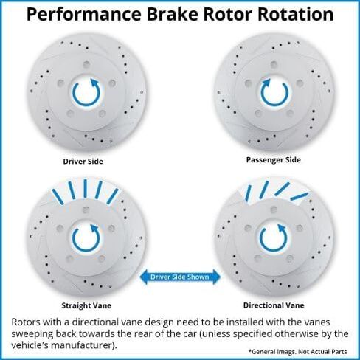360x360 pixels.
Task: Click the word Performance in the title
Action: pyautogui.click(x=83, y=15)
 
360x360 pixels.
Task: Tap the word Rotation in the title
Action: pyautogui.click(x=295, y=14)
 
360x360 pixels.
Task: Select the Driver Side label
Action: pyautogui.click(x=83, y=162)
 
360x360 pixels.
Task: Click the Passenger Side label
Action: pyautogui.click(x=274, y=160)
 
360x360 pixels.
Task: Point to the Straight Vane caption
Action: pyautogui.click(x=86, y=305)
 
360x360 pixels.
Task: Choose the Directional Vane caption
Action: pyautogui.click(x=274, y=305)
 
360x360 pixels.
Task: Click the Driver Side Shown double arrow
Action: pyautogui.click(x=180, y=277)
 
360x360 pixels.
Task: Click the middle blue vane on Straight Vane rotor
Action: pyautogui.click(x=85, y=188)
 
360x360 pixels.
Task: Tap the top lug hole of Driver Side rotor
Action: pyautogui.click(x=86, y=65)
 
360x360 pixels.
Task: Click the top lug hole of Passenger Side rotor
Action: pyautogui.click(x=274, y=64)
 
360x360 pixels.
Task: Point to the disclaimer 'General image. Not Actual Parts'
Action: pyautogui.click(x=298, y=352)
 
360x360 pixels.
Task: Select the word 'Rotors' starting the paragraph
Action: pyautogui.click(x=27, y=322)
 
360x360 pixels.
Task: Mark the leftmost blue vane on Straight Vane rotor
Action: pyautogui.click(x=58, y=197)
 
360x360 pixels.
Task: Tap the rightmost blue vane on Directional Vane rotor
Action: pyautogui.click(x=299, y=196)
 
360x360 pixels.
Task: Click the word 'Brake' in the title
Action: pyautogui.click(x=173, y=14)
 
